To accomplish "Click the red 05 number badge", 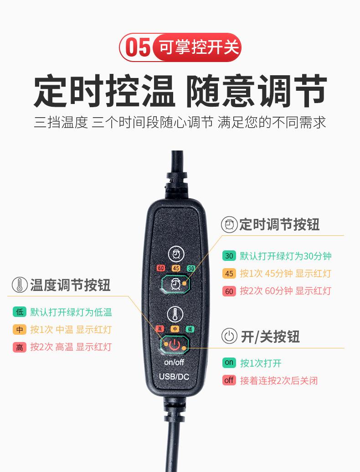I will [138, 47].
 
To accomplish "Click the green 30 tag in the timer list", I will [229, 256].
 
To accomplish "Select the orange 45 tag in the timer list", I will [229, 273].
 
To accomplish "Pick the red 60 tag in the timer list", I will [229, 290].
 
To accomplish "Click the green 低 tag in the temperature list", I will [20, 312].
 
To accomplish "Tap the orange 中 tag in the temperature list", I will [20, 329].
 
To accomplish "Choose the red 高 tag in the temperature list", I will [20, 347].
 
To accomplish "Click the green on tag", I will [229, 363].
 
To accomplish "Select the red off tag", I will [229, 380].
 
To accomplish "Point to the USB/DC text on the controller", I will [174, 377].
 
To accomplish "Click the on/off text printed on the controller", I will [175, 362].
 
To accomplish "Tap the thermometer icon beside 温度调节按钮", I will [19, 285].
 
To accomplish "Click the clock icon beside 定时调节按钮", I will [229, 224].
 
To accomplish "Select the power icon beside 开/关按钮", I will [229, 337].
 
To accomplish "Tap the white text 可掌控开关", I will [200, 47].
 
